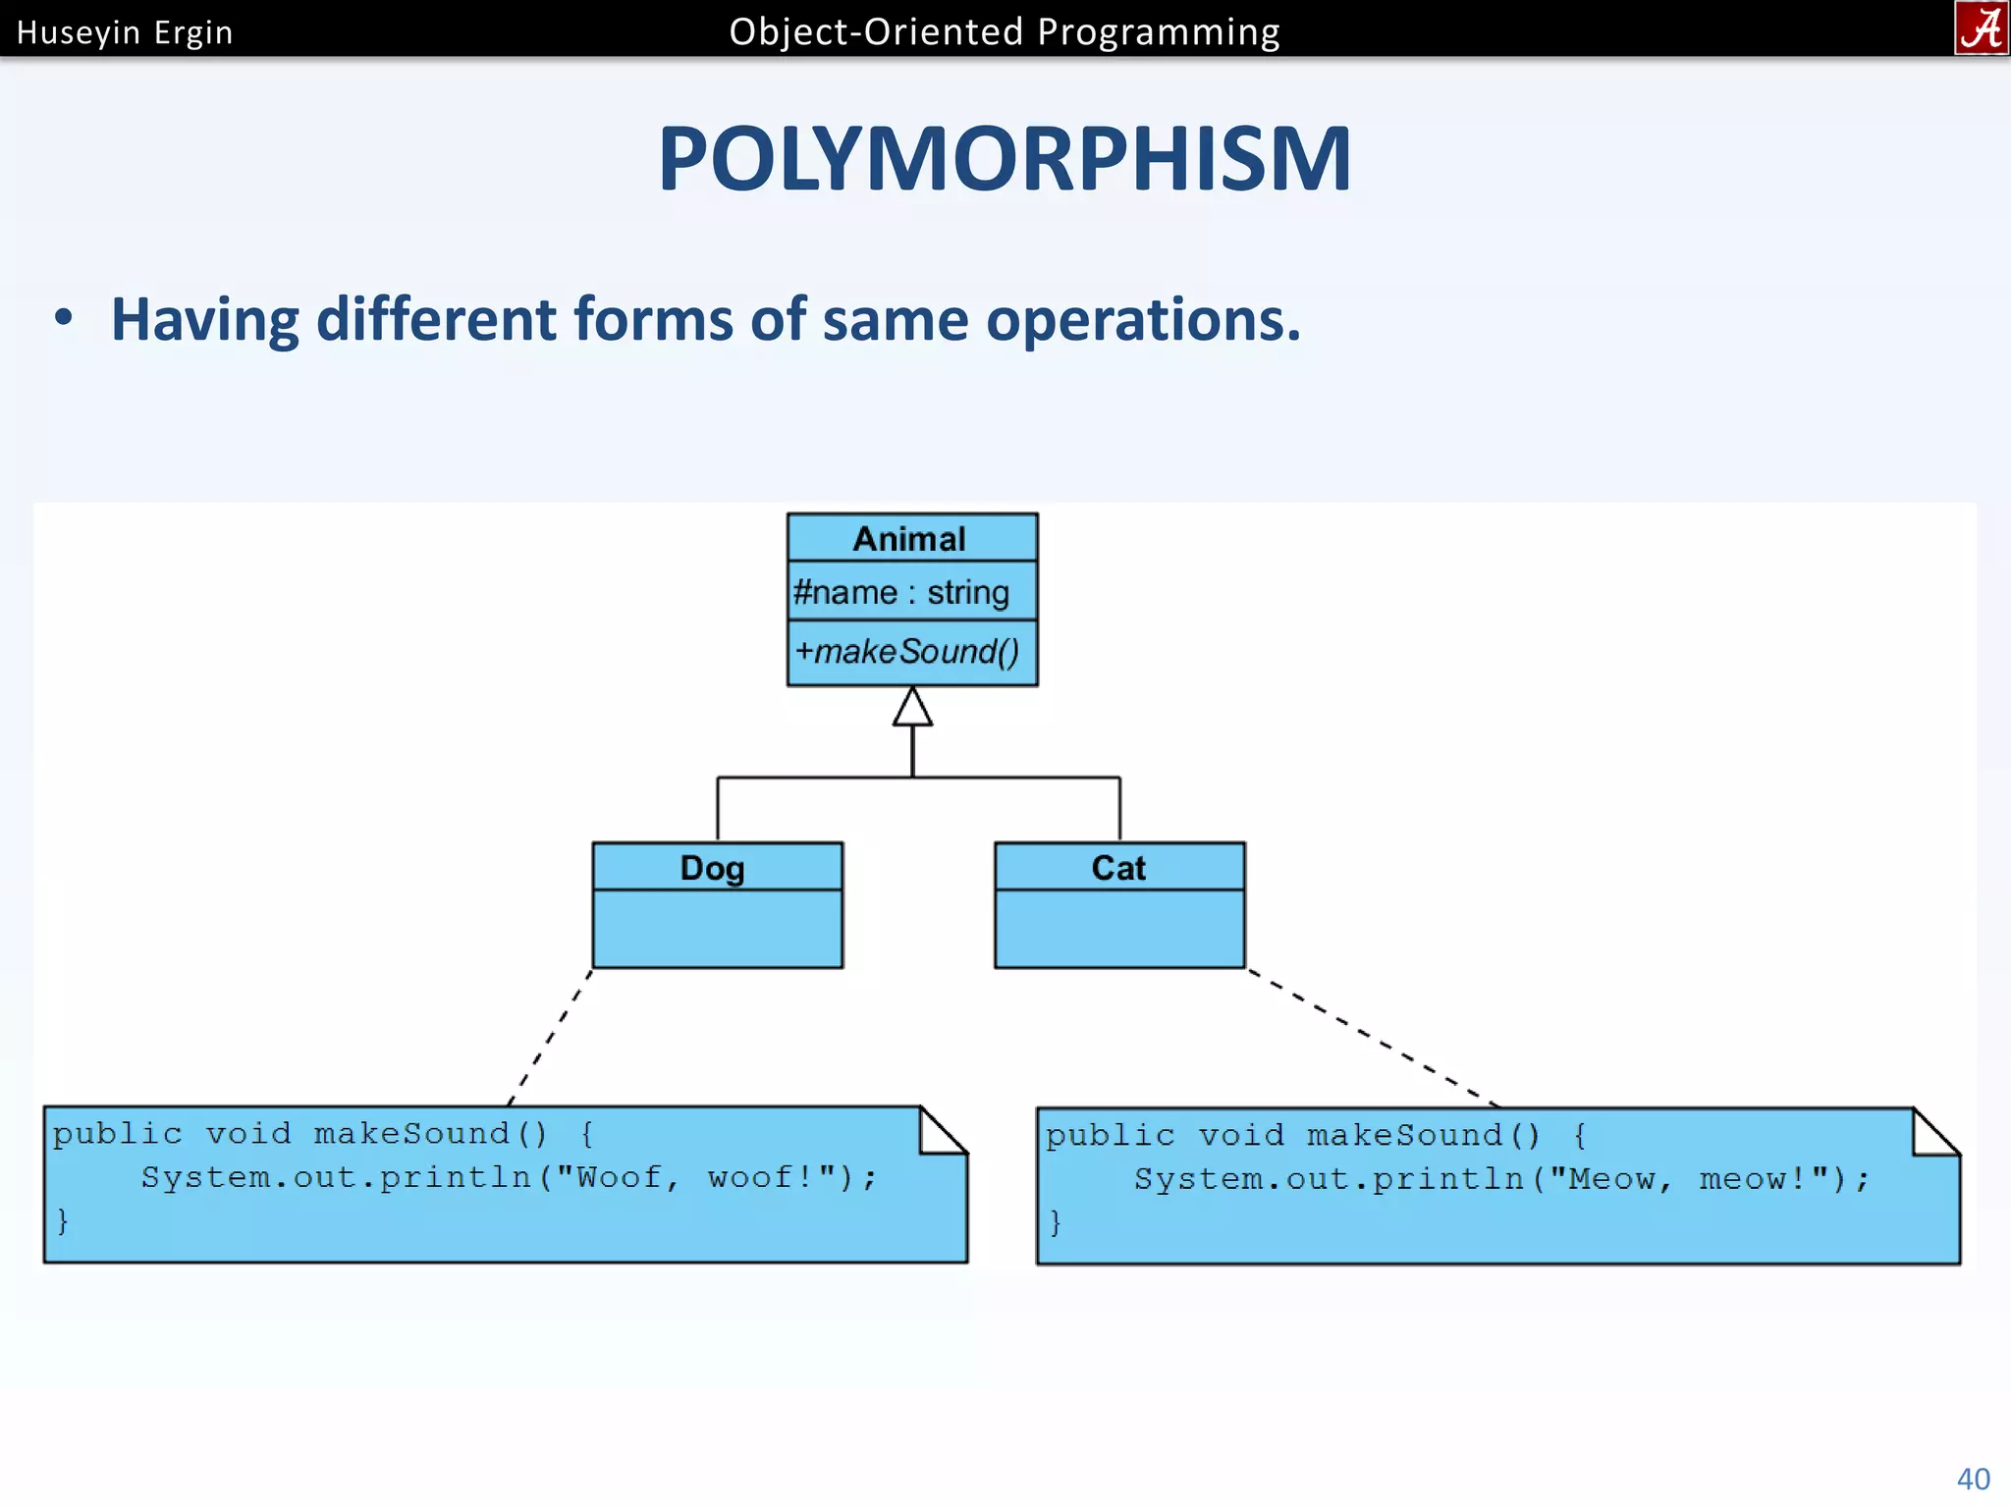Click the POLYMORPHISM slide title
click(1005, 159)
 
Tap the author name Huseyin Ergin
click(125, 32)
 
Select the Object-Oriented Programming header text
click(1005, 32)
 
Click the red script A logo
click(1981, 27)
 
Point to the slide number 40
click(1974, 1479)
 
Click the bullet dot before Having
click(64, 318)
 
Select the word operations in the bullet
click(1143, 320)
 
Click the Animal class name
click(910, 539)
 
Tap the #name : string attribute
click(901, 593)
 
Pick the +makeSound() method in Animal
click(907, 652)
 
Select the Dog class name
click(713, 869)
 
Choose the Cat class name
click(1118, 868)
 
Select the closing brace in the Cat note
click(1056, 1222)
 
